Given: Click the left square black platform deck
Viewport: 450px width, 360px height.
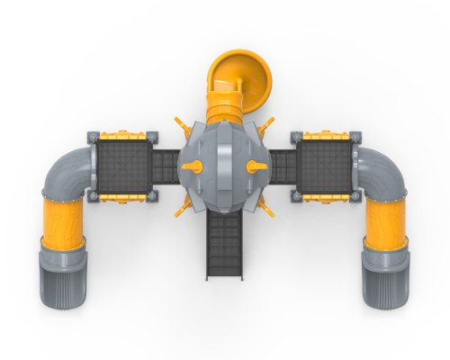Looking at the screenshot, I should pos(121,167).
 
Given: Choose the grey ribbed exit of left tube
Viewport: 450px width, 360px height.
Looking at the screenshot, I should pos(62,274).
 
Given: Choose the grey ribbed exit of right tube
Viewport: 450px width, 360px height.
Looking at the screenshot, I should pos(386,274).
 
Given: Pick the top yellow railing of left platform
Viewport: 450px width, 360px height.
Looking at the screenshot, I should pos(121,136).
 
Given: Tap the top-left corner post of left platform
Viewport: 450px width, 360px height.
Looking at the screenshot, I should pos(91,136).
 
